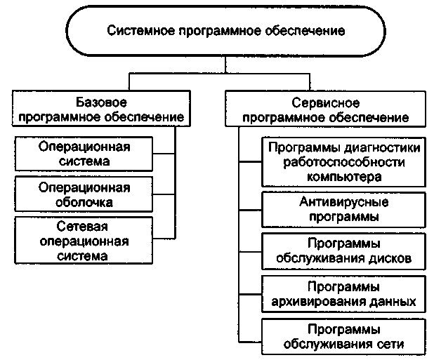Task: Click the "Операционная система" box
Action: [x=94, y=154]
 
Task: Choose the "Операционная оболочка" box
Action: [x=94, y=195]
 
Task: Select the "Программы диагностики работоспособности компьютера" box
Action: [x=344, y=162]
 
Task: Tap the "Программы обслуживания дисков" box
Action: [x=344, y=251]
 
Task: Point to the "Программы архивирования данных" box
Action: [x=344, y=294]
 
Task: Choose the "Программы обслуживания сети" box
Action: [x=344, y=337]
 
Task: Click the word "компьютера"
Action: [x=345, y=177]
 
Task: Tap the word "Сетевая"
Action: [x=94, y=227]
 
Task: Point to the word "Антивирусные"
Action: [x=344, y=202]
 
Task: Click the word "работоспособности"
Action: [x=345, y=162]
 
